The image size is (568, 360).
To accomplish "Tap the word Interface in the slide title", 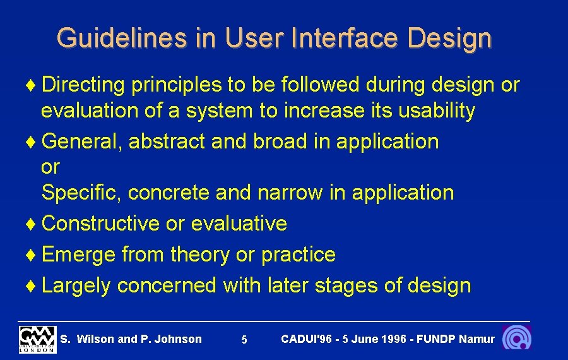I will click(346, 38).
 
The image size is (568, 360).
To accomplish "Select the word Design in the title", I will click(449, 38).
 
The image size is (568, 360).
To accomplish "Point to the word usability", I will click(436, 111).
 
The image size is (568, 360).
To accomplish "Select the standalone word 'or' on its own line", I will click(50, 167).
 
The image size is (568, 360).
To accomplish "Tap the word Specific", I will click(81, 193).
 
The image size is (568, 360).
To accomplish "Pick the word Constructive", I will click(100, 224).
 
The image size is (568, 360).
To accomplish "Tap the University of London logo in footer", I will click(37, 339).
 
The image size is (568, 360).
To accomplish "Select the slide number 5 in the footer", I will click(244, 340).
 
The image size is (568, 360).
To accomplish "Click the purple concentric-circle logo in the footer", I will click(516, 338).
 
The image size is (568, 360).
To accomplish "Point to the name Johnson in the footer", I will click(178, 339).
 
